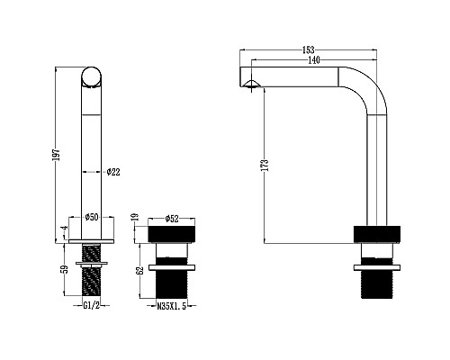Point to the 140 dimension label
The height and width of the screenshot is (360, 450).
pyautogui.click(x=312, y=60)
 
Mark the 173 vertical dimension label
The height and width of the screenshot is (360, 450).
pyautogui.click(x=265, y=166)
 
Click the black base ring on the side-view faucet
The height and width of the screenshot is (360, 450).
pyautogui.click(x=377, y=234)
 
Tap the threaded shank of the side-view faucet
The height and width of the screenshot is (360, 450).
pyautogui.click(x=377, y=281)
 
